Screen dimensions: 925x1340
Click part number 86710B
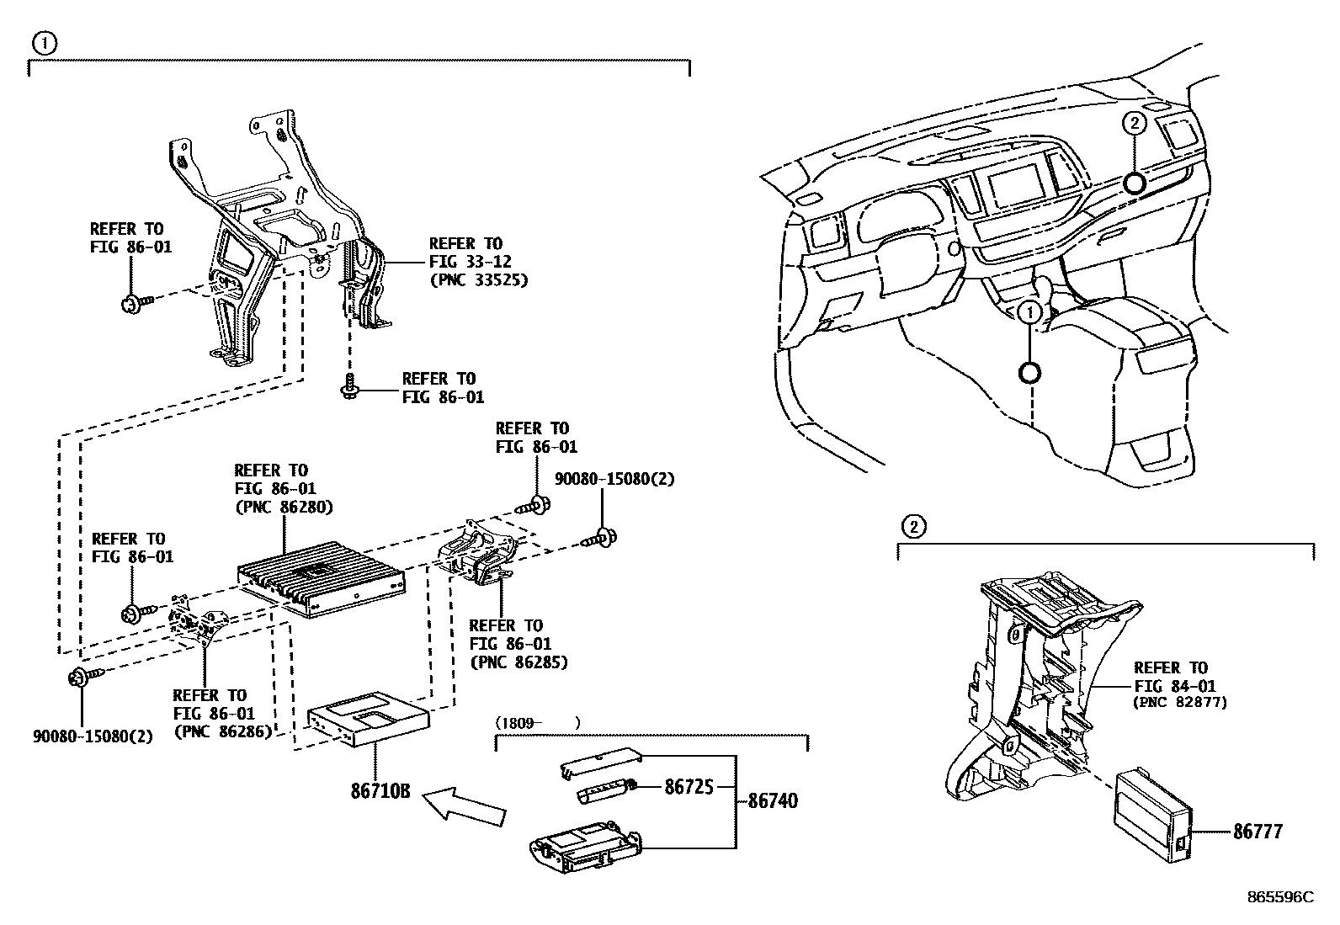click(x=380, y=791)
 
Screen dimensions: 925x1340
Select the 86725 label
click(x=689, y=786)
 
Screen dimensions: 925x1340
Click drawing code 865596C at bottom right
click(x=1279, y=897)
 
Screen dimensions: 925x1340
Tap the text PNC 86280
click(x=284, y=507)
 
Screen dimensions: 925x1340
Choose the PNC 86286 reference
click(x=222, y=731)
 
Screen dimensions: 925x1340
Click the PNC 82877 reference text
click(x=1180, y=702)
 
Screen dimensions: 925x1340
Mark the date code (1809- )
click(x=537, y=722)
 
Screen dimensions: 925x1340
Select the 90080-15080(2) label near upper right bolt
click(x=614, y=479)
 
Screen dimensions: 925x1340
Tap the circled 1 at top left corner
click(x=44, y=43)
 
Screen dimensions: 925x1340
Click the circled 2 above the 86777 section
click(x=913, y=527)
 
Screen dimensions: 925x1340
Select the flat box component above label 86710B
click(x=368, y=716)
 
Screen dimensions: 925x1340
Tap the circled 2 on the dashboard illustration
click(x=1134, y=123)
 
